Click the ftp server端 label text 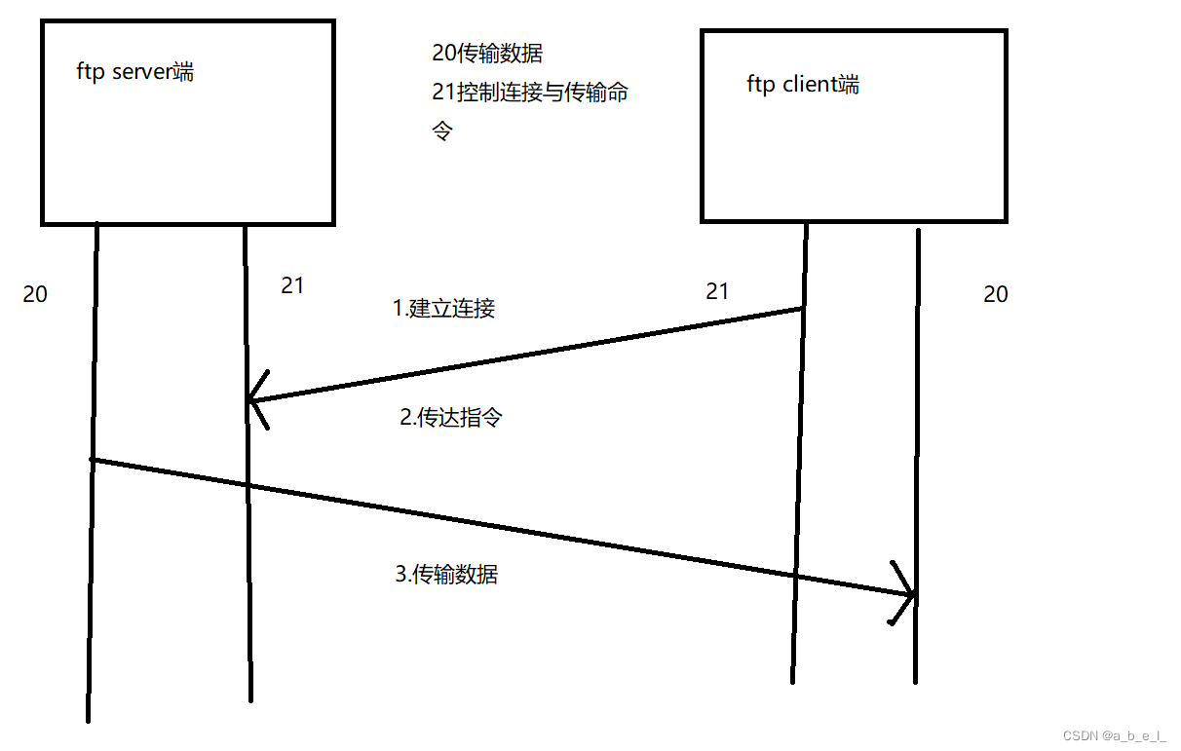[x=134, y=71]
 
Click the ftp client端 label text [x=803, y=85]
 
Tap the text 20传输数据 [x=487, y=54]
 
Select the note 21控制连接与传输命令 [x=530, y=94]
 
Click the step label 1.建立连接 [x=443, y=309]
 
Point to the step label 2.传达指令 [x=451, y=418]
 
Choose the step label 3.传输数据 [x=446, y=575]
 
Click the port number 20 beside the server [x=35, y=294]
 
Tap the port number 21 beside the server [x=292, y=285]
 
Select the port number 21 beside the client [x=717, y=291]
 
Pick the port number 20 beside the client [x=996, y=294]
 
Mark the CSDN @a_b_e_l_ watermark [x=1114, y=735]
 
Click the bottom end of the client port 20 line [x=916, y=679]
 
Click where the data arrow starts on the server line [x=94, y=459]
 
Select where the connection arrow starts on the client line [x=801, y=309]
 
